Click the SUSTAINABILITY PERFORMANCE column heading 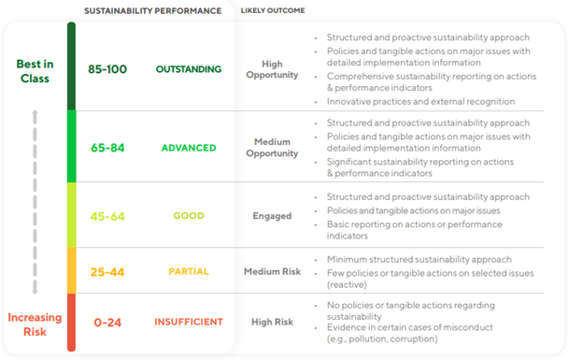(x=152, y=11)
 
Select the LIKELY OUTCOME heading (x=273, y=10)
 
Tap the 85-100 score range (x=107, y=69)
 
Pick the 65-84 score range (x=107, y=148)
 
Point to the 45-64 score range (x=107, y=216)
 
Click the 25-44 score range (x=107, y=272)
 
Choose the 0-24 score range (x=107, y=322)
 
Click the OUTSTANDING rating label (x=189, y=69)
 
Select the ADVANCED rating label (x=189, y=148)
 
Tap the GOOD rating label (x=189, y=216)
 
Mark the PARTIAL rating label (x=189, y=271)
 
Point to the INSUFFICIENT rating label (x=189, y=322)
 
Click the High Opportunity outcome (x=272, y=69)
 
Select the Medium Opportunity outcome (x=272, y=148)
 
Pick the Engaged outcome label (x=272, y=216)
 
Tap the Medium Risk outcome (x=272, y=271)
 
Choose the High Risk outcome (x=272, y=322)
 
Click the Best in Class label (x=35, y=71)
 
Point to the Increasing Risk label (x=35, y=324)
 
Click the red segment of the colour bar (x=71, y=323)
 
